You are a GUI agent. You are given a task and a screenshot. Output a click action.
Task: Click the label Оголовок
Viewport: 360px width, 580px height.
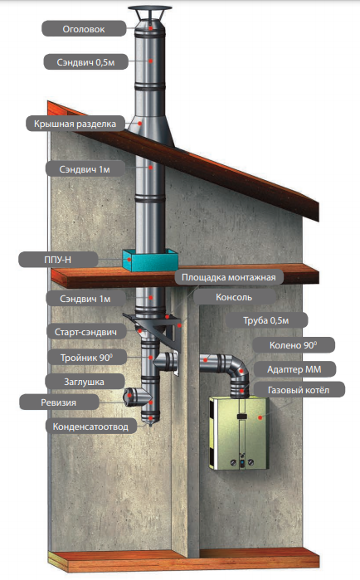83,29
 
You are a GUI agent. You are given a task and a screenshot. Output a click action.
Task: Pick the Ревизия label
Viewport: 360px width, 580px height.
58,402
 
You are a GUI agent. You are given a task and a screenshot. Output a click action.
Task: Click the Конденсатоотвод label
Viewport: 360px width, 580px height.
90,426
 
